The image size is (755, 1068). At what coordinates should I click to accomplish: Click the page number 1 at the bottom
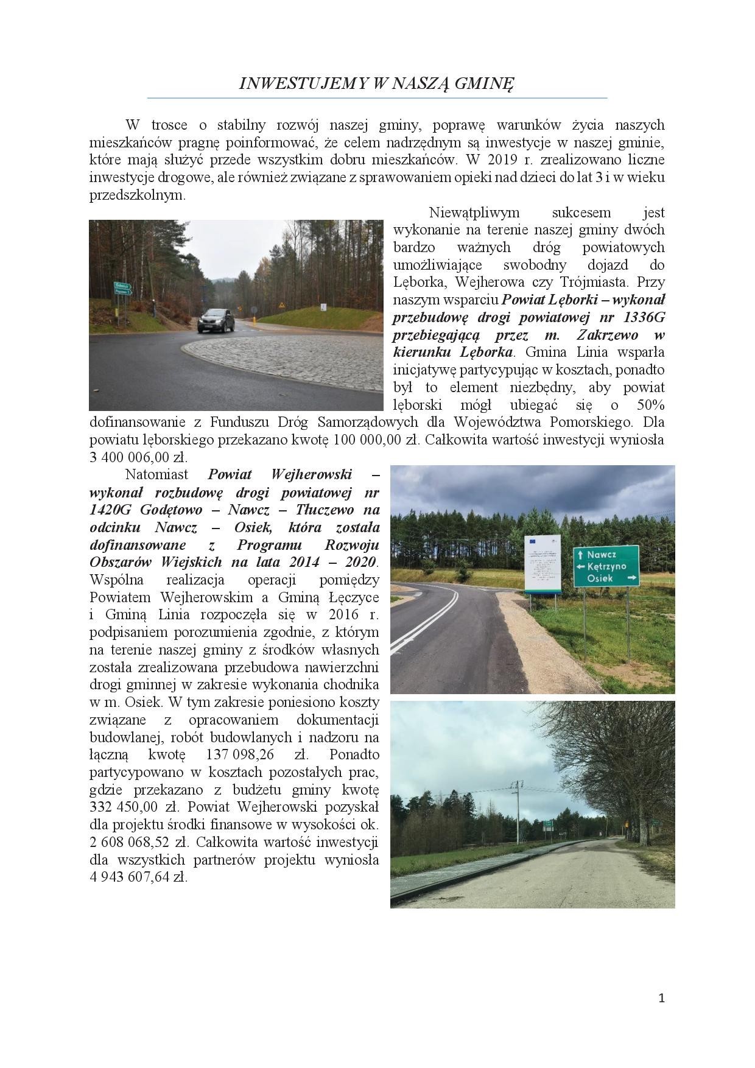[x=662, y=998]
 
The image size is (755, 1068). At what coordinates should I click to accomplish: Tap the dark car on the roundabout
[x=216, y=320]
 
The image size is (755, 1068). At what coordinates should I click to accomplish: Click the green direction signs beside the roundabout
[x=122, y=289]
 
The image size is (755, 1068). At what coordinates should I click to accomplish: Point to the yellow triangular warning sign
[x=281, y=304]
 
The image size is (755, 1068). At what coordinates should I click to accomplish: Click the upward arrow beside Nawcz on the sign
[x=580, y=555]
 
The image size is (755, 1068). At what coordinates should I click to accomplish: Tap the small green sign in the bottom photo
[x=548, y=824]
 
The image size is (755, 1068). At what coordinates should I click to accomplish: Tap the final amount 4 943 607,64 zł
[x=139, y=877]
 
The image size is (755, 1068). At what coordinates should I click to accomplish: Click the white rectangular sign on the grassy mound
[x=323, y=307]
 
